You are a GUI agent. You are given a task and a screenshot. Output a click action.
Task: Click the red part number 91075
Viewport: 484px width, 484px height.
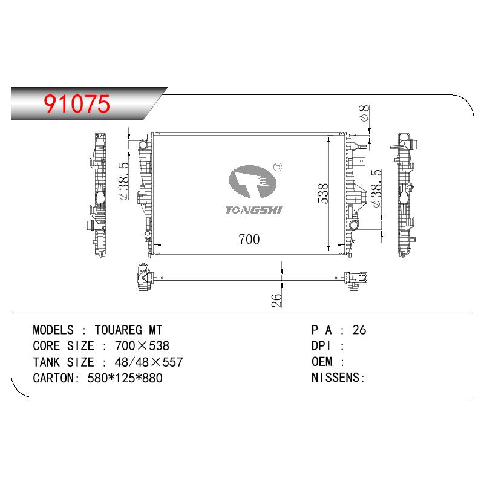[77, 103]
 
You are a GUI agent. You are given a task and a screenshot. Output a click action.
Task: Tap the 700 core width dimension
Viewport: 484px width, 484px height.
[249, 239]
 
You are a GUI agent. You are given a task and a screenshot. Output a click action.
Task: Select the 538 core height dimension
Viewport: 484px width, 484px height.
[323, 194]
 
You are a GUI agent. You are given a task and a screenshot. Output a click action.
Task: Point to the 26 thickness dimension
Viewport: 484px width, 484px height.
[277, 300]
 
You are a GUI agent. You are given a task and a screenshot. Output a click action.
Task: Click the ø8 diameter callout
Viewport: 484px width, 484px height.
[365, 113]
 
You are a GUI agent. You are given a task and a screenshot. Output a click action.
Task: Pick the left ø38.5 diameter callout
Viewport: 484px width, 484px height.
[123, 181]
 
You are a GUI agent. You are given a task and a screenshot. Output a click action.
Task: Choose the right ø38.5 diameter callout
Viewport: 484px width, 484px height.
[376, 188]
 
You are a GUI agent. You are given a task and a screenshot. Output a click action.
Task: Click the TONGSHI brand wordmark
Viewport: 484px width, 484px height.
[253, 210]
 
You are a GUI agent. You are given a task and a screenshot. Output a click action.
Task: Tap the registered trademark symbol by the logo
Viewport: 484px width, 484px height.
[278, 167]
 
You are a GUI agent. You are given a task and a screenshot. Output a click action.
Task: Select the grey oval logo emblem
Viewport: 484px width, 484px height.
[252, 181]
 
